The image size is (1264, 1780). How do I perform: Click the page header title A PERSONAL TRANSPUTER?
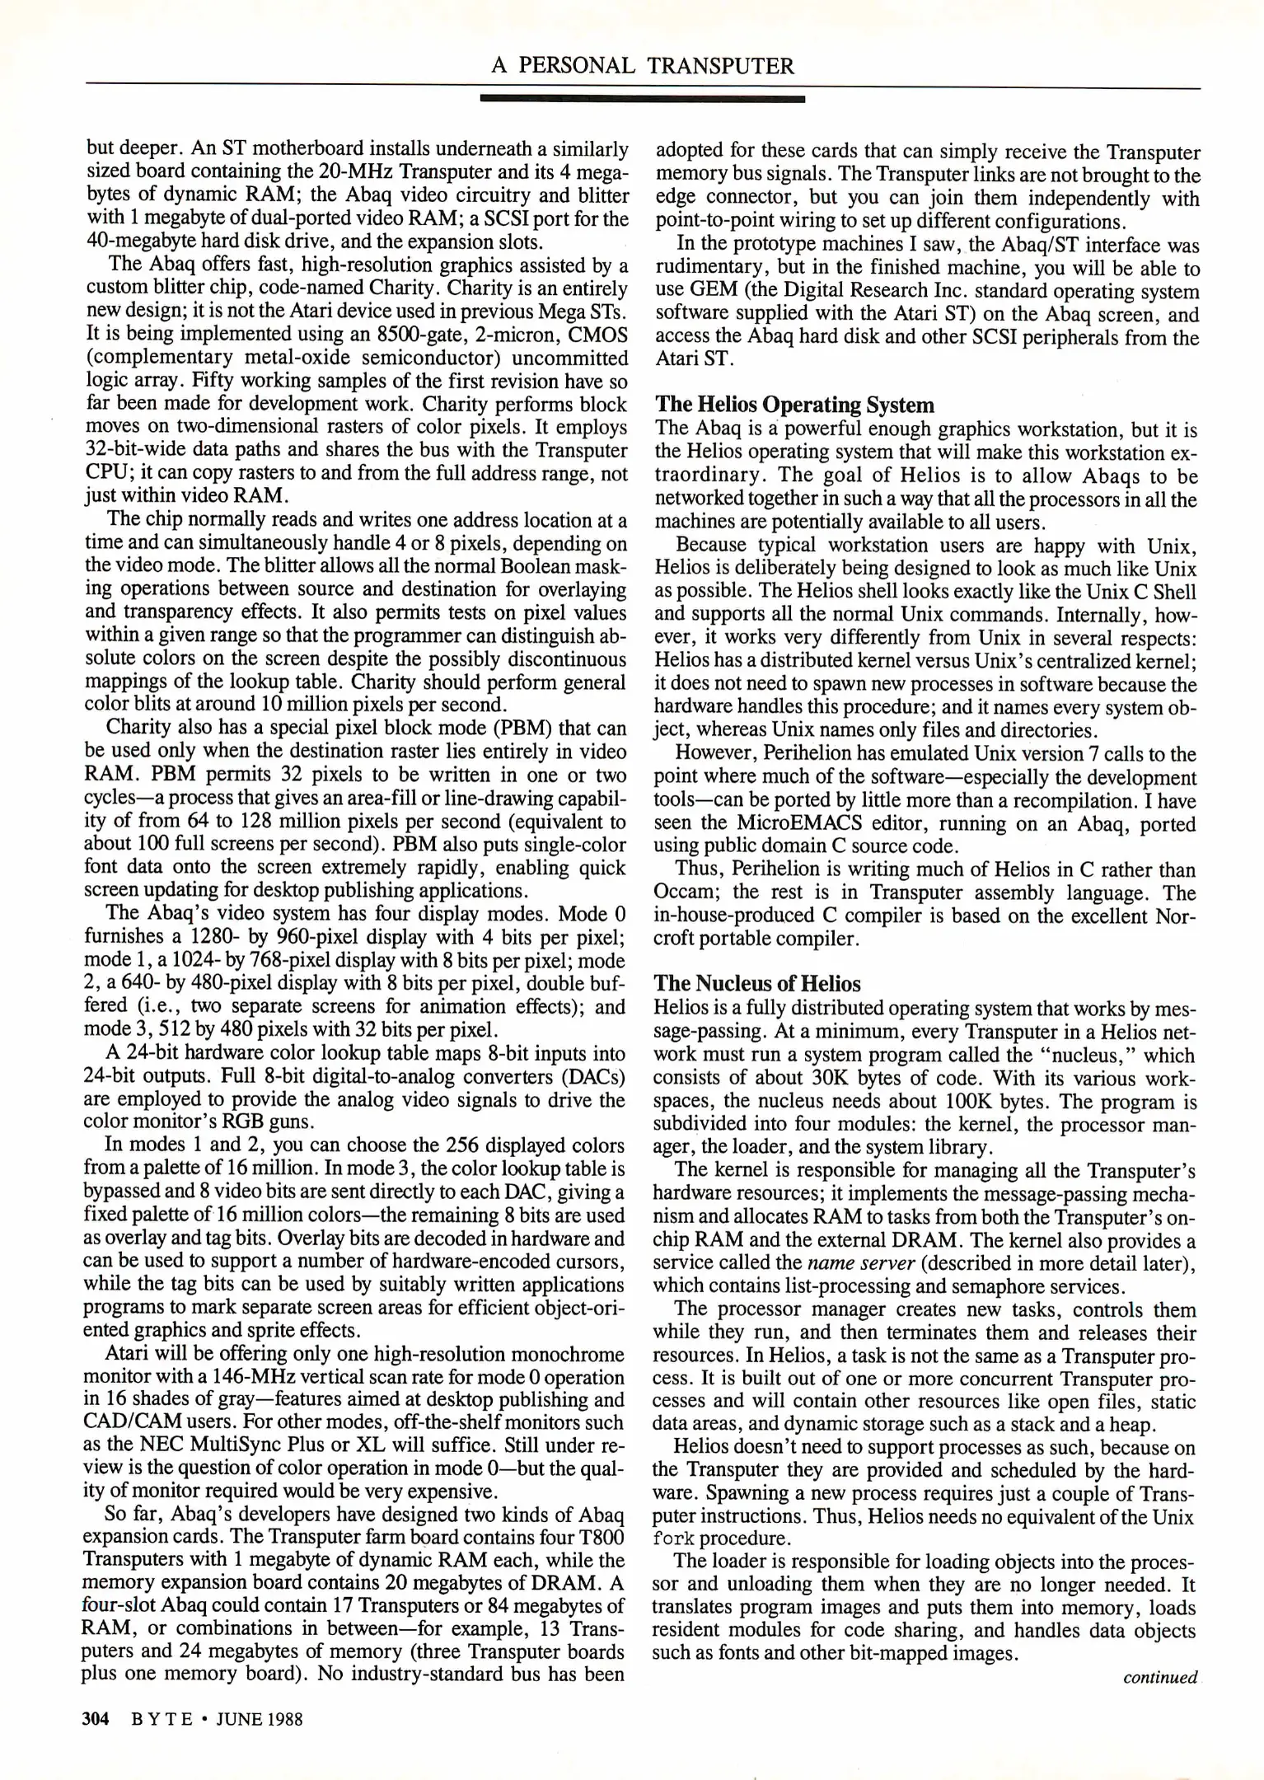click(643, 66)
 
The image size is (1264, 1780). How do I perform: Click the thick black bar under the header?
click(643, 99)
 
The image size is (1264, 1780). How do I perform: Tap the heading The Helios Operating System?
click(794, 405)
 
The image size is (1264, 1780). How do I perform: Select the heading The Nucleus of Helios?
click(756, 984)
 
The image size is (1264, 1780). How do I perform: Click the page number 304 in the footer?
click(96, 1719)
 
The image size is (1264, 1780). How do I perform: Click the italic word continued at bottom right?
click(1159, 1678)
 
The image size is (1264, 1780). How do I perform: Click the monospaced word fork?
click(672, 1539)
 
